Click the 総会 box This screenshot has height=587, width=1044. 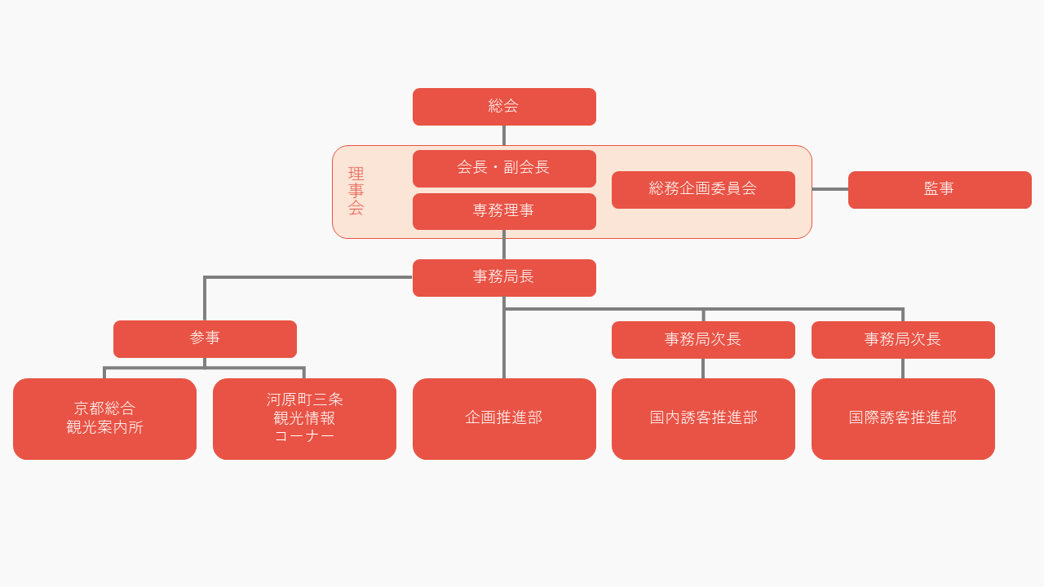click(504, 107)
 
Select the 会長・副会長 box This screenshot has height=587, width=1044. click(504, 168)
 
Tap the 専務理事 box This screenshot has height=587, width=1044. click(504, 211)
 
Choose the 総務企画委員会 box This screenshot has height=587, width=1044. click(703, 189)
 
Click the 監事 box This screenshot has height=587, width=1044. click(940, 189)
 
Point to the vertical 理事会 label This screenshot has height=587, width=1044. click(356, 192)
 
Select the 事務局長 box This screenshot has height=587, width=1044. click(504, 277)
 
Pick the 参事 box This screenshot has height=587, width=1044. click(205, 338)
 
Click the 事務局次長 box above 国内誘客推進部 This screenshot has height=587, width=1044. click(703, 339)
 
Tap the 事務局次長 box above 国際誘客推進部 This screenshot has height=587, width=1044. click(903, 339)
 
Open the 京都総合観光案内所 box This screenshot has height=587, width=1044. click(104, 418)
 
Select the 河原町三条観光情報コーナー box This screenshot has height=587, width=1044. click(304, 418)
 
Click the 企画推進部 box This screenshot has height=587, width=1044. click(504, 418)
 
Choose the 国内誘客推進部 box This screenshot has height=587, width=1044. click(703, 418)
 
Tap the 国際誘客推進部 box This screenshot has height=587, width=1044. click(903, 418)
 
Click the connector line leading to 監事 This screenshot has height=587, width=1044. click(829, 189)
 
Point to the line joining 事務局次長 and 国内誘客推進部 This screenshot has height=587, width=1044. click(703, 369)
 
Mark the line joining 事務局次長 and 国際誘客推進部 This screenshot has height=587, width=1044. click(903, 369)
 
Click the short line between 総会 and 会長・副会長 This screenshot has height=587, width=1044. click(504, 135)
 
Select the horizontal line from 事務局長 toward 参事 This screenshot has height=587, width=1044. click(310, 277)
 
